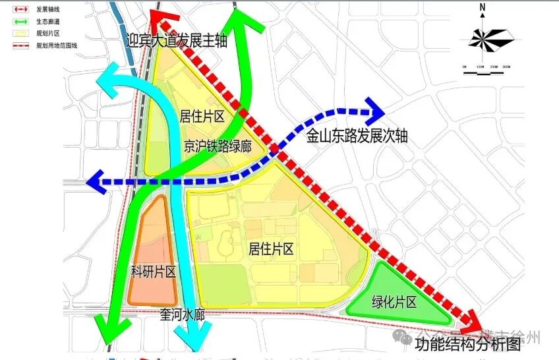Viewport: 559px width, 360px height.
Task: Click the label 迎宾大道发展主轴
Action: point(177,41)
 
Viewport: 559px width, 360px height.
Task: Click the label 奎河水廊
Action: point(182,315)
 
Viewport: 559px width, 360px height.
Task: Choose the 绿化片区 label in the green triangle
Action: point(394,303)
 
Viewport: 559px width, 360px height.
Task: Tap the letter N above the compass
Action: point(483,9)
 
